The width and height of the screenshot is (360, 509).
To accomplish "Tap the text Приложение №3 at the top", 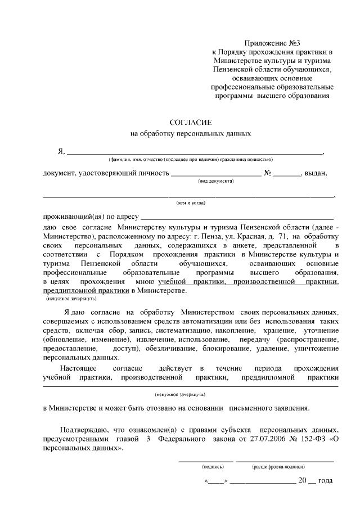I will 273,43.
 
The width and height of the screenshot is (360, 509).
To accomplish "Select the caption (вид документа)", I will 217,181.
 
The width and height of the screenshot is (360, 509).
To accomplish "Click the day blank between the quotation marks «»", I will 217,481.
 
